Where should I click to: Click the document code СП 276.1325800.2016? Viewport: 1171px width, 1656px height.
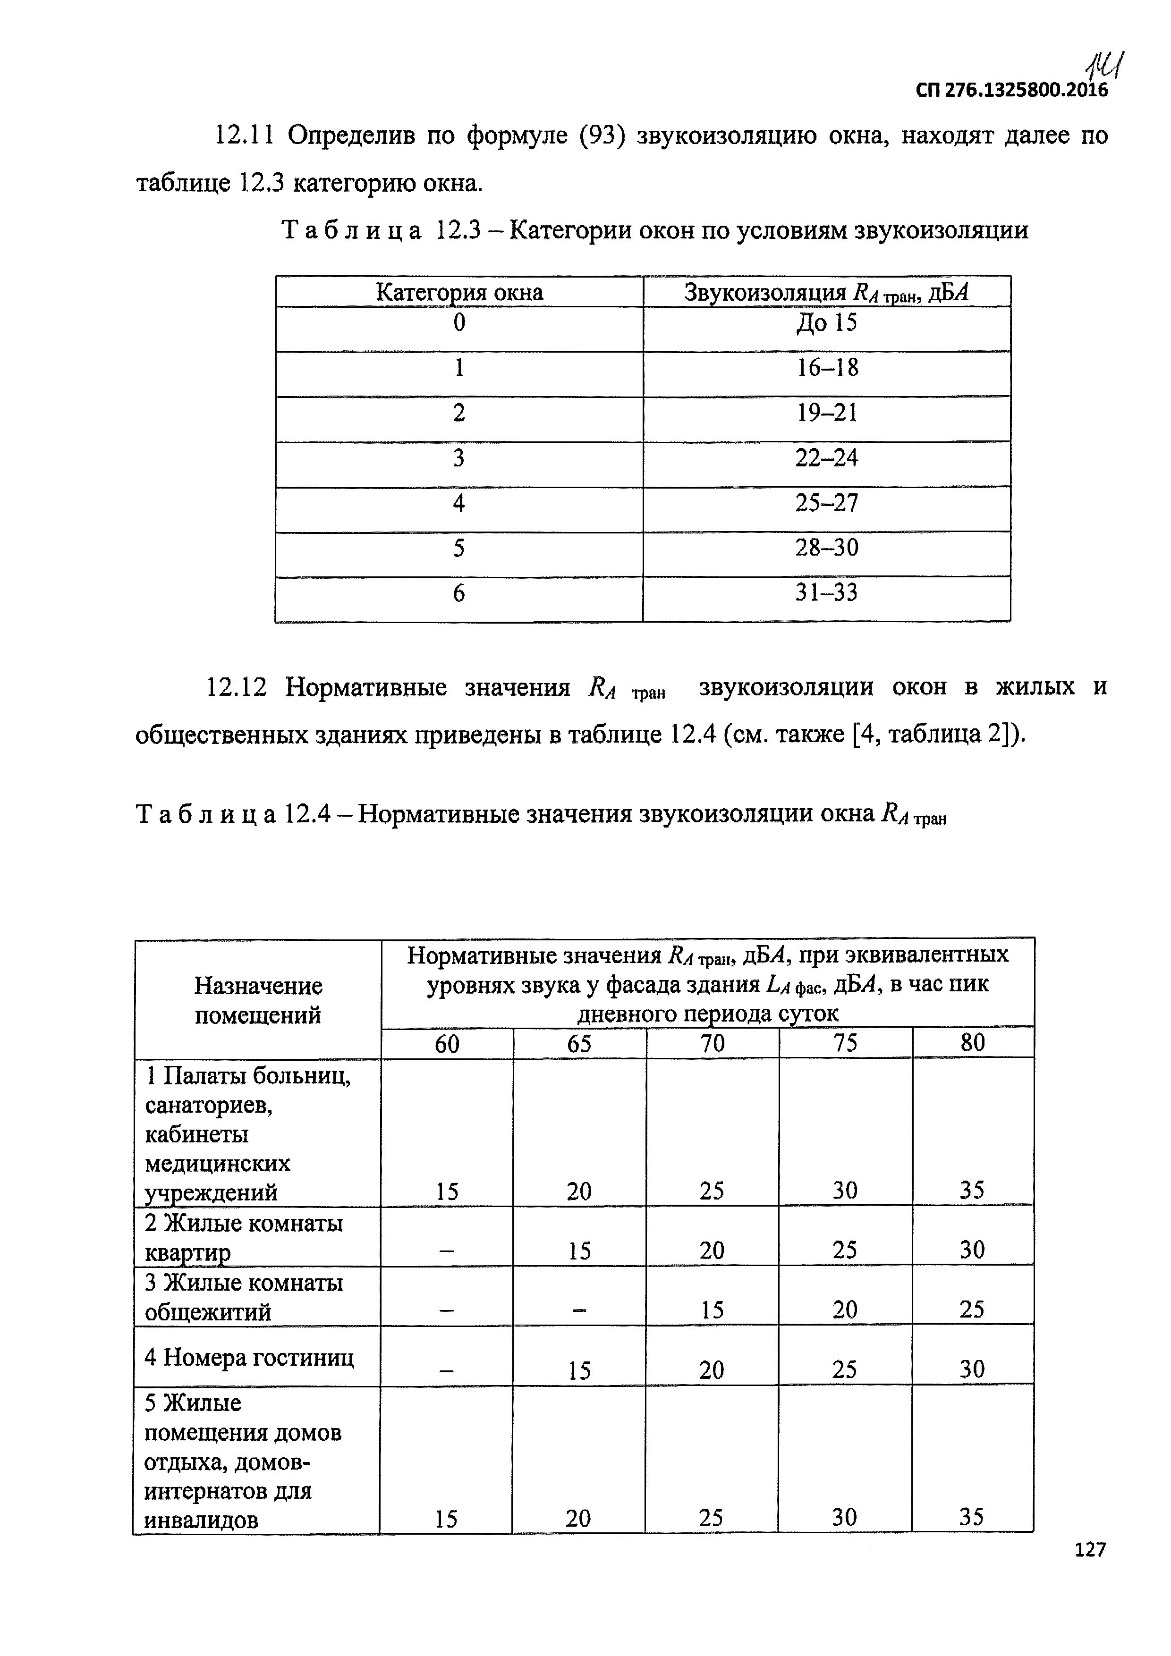click(1011, 90)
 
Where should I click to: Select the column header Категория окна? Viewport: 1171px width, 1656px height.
click(459, 292)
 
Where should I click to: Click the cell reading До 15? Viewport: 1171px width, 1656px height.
click(826, 322)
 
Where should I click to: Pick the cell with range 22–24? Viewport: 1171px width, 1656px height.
click(826, 458)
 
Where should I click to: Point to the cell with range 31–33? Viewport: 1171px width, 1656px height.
click(826, 593)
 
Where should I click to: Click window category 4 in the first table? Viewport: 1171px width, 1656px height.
click(459, 503)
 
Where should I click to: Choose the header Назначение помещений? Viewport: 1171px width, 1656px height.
click(258, 1000)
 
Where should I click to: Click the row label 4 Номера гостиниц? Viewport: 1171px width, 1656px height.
click(249, 1358)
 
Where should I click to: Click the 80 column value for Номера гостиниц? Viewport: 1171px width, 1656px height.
click(972, 1369)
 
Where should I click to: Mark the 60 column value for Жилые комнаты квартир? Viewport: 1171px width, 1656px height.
click(447, 1250)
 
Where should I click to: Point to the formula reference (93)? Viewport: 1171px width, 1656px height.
click(602, 135)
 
